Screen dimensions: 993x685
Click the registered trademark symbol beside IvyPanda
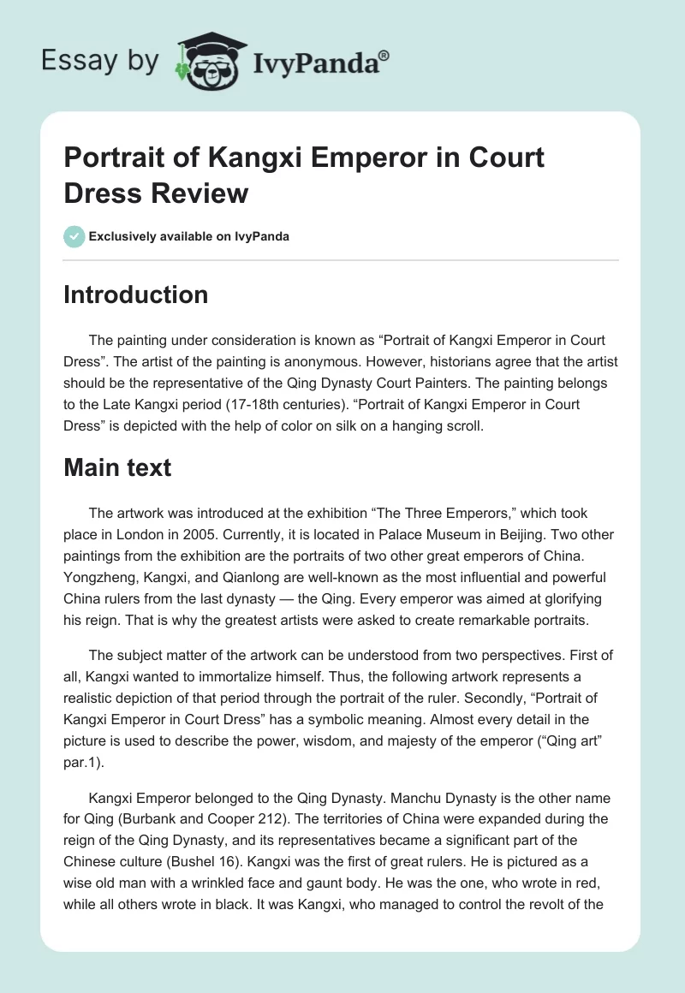pos(384,56)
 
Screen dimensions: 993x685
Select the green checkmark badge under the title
pos(74,236)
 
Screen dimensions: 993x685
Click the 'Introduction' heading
pos(136,294)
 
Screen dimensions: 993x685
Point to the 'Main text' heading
pos(117,467)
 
